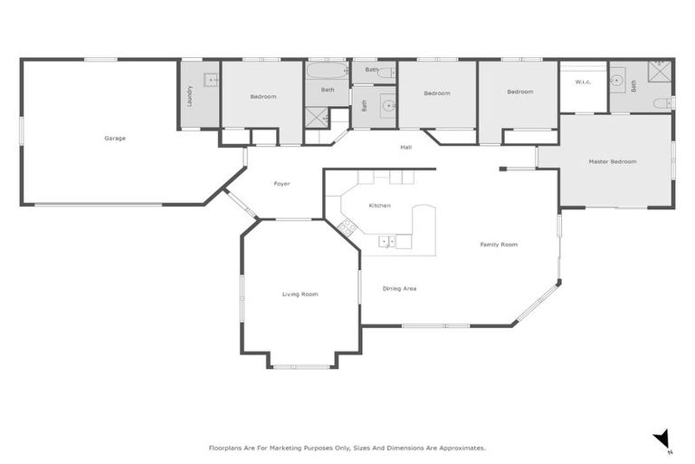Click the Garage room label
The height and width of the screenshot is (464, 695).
point(115,139)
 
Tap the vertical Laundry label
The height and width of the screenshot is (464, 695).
point(190,95)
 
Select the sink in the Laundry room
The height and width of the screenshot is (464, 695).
point(211,80)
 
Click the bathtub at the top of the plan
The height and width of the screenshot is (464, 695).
point(326,71)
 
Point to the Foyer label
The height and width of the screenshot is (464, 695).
point(281,184)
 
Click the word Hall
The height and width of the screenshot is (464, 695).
point(406,147)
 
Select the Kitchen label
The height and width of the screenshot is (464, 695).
point(379,206)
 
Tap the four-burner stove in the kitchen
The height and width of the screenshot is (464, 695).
point(346,227)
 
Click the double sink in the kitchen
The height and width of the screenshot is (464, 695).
point(386,241)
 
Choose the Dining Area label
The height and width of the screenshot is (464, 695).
point(399,288)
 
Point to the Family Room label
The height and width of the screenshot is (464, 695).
point(499,245)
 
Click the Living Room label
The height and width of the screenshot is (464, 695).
point(300,294)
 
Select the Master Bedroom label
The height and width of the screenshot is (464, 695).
point(613,161)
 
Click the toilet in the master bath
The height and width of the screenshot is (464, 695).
point(661,102)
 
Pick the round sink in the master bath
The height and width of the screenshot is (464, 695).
point(619,80)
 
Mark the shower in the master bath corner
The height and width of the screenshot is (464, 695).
point(661,72)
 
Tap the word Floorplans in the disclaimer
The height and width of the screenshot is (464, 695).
point(226,448)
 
